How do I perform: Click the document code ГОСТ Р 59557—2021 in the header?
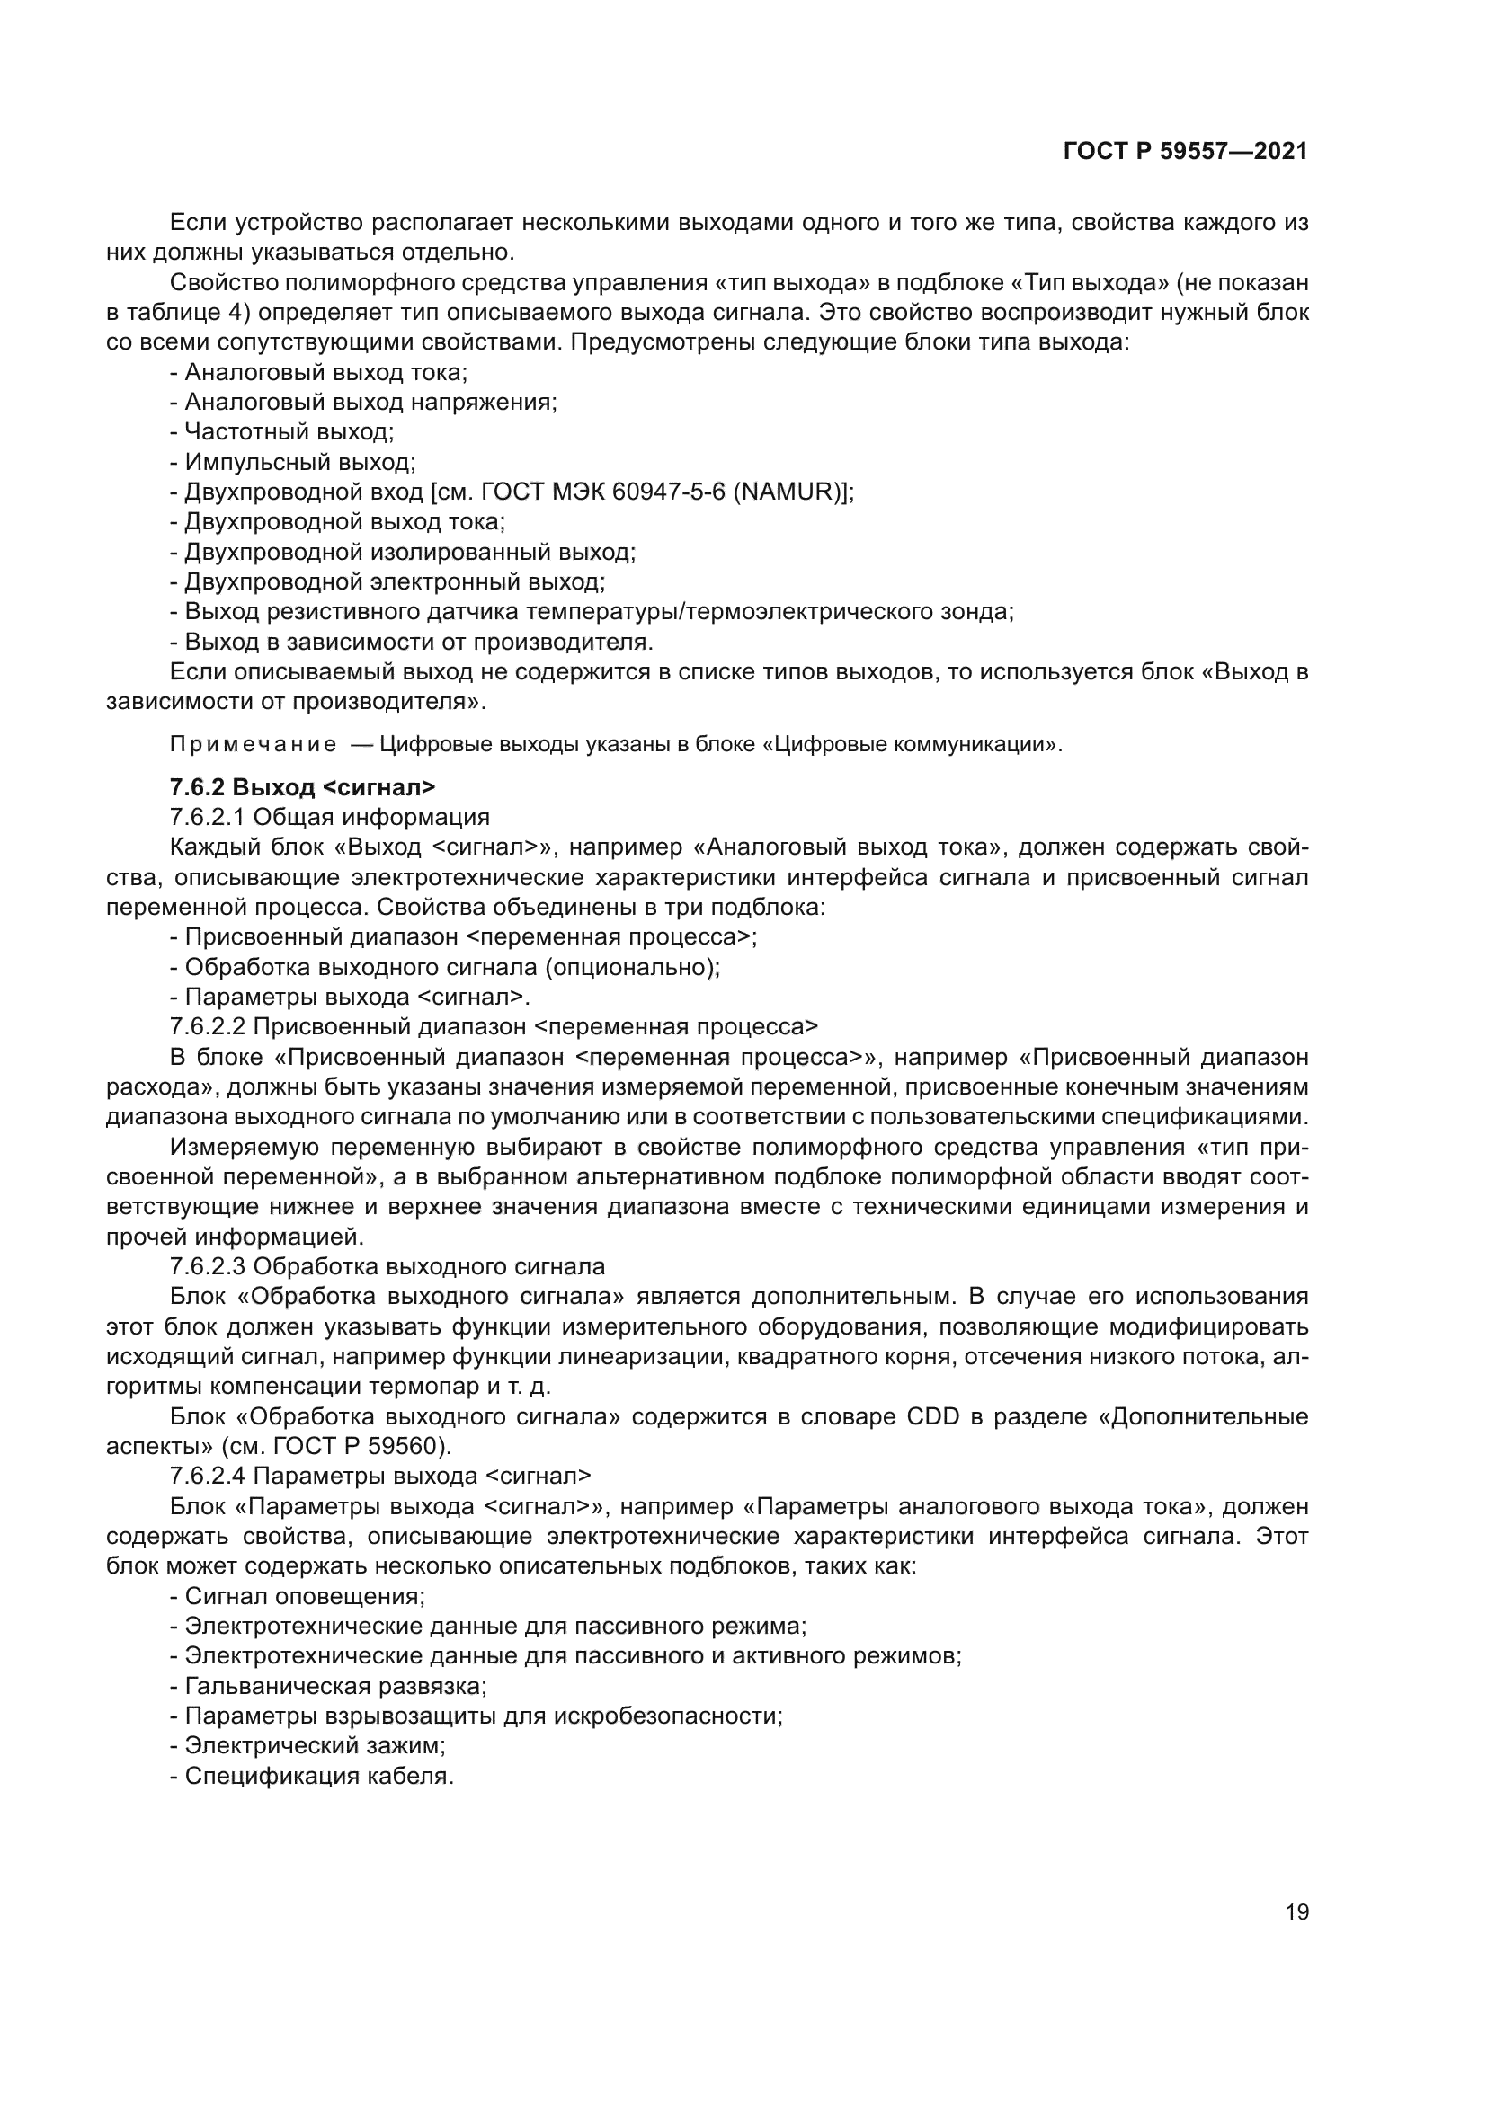(1186, 152)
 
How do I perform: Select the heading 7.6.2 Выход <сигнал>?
(302, 786)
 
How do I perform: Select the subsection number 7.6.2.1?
(208, 817)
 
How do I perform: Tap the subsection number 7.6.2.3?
(208, 1267)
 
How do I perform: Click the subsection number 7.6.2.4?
(208, 1477)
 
